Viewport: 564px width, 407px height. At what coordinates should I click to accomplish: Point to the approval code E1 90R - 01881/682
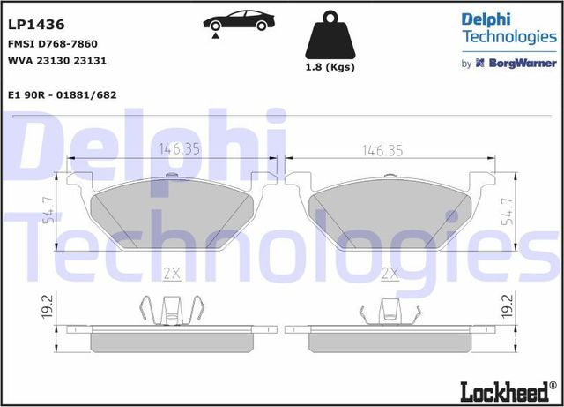pos(63,94)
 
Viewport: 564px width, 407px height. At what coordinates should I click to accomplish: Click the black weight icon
pos(330,35)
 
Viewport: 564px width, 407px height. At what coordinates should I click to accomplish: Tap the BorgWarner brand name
pos(522,64)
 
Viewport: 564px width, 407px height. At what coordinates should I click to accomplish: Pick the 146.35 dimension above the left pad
pos(179,149)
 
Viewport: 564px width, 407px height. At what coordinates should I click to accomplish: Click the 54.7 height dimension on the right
pos(507,212)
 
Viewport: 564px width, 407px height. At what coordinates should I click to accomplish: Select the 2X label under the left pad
pos(172,275)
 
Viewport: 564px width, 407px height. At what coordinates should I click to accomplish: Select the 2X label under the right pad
pos(390,275)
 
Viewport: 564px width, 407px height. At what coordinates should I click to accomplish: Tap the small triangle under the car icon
pos(214,34)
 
